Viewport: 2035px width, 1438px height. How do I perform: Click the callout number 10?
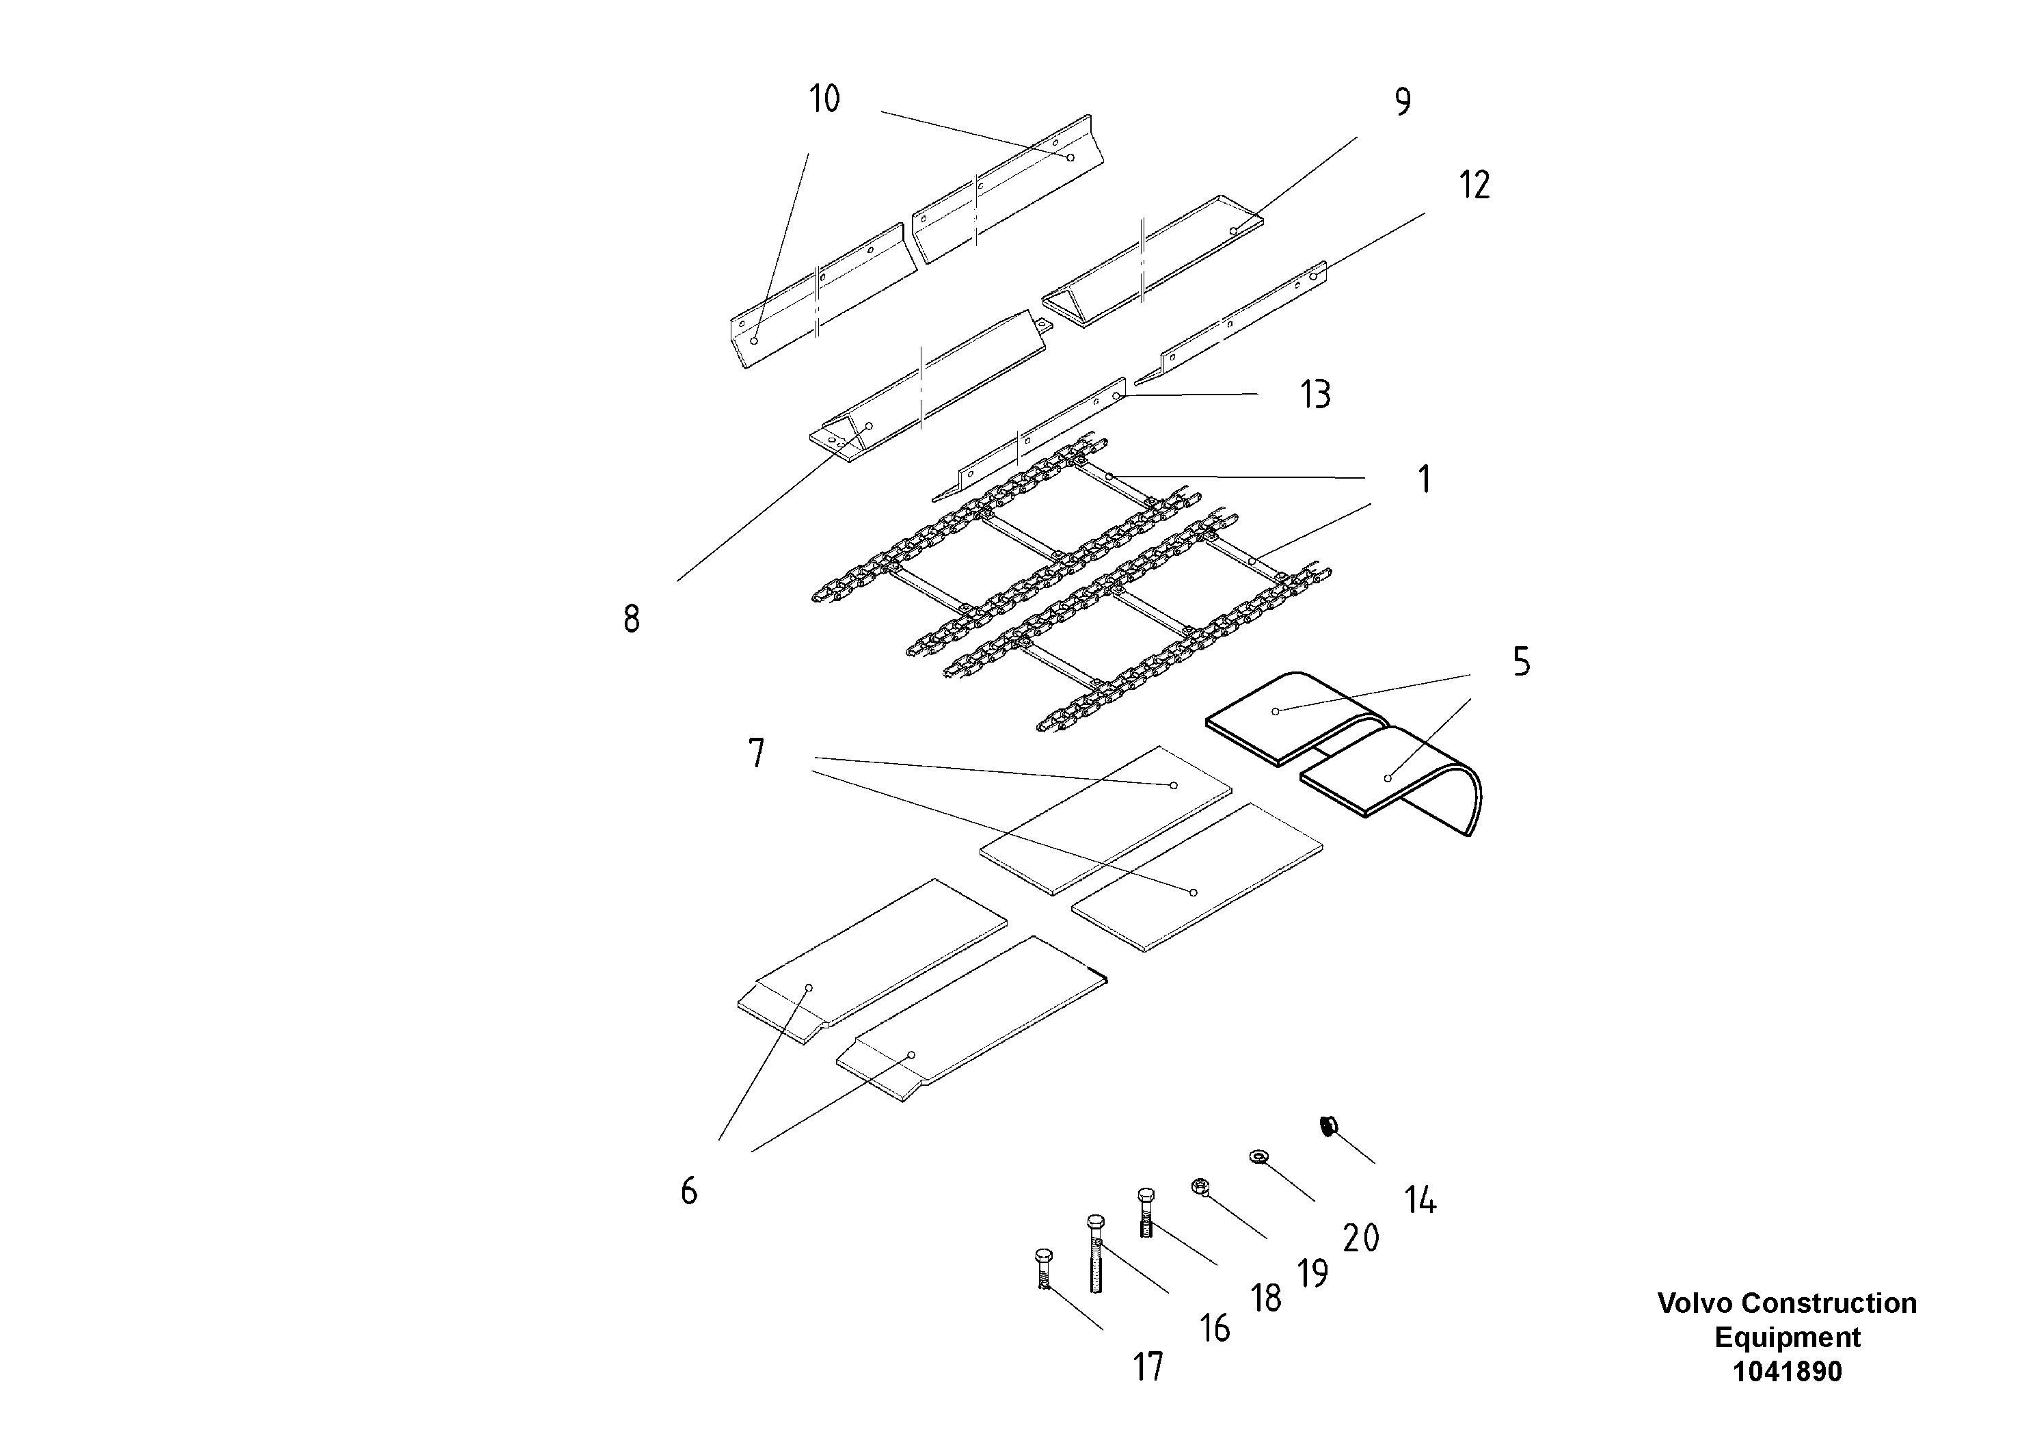point(824,99)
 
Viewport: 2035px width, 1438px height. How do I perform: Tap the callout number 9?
point(1402,103)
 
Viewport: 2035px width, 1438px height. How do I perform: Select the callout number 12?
point(1474,185)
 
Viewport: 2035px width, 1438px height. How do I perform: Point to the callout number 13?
point(1315,395)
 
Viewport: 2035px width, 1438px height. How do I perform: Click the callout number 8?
point(631,619)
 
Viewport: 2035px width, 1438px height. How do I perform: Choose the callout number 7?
point(756,754)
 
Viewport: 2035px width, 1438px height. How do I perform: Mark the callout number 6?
point(688,1190)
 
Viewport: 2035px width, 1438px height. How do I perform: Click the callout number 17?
point(1148,1366)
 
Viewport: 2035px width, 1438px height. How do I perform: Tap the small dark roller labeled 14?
point(1328,1127)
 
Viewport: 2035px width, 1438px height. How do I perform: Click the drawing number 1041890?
point(1787,1372)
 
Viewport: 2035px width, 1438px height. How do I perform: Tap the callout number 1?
point(1423,479)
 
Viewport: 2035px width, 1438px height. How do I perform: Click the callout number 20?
point(1360,1238)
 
